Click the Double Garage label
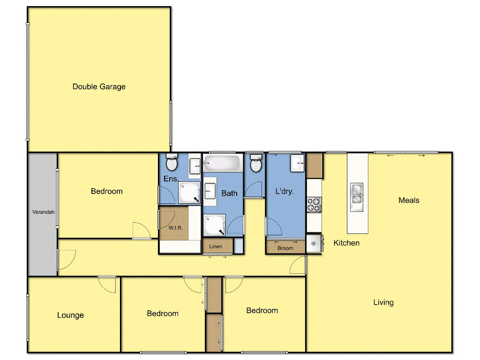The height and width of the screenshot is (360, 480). (99, 87)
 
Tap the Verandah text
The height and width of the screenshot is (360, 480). (43, 212)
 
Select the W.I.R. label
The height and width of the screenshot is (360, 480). (176, 228)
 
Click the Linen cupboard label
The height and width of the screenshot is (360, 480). (216, 247)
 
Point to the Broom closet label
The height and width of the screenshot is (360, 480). (285, 248)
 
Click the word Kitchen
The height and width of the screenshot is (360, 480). (346, 243)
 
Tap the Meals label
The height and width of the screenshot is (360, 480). (409, 200)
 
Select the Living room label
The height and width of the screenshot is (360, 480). (383, 302)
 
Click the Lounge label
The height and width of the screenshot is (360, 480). (70, 315)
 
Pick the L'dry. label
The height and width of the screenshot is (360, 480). (285, 191)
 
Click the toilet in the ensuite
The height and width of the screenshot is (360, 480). (172, 164)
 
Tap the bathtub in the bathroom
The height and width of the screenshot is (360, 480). (223, 164)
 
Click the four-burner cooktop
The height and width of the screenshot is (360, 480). (314, 204)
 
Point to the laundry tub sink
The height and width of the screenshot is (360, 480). (297, 164)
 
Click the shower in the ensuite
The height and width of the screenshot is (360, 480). (189, 193)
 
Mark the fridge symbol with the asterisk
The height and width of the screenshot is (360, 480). (314, 244)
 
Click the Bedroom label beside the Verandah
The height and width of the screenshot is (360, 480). (106, 191)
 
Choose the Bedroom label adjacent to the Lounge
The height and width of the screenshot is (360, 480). (163, 314)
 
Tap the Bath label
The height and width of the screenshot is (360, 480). (229, 193)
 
